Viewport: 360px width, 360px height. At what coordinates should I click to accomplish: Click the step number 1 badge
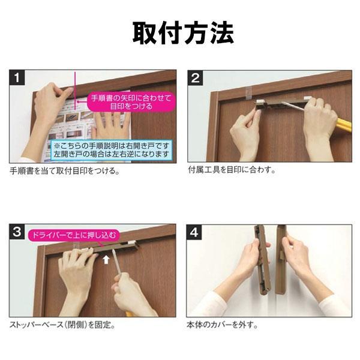pos(18,77)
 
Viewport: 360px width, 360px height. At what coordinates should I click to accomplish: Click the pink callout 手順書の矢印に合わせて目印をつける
pos(131,101)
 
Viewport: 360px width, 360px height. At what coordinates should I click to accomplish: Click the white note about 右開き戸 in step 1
pos(111,149)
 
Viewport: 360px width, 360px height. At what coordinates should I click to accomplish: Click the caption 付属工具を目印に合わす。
pos(232,170)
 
